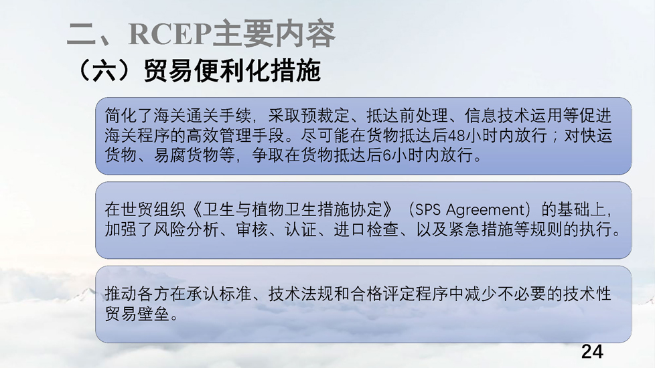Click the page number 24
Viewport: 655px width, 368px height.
pos(592,352)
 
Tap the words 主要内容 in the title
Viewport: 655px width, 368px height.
pos(274,33)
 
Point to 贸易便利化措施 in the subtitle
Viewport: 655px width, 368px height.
pos(232,70)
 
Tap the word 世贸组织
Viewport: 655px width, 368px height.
pos(153,209)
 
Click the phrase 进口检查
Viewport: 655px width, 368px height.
pos(366,229)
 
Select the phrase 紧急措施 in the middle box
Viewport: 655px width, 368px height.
pos(481,229)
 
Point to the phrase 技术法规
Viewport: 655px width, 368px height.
pos(301,294)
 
